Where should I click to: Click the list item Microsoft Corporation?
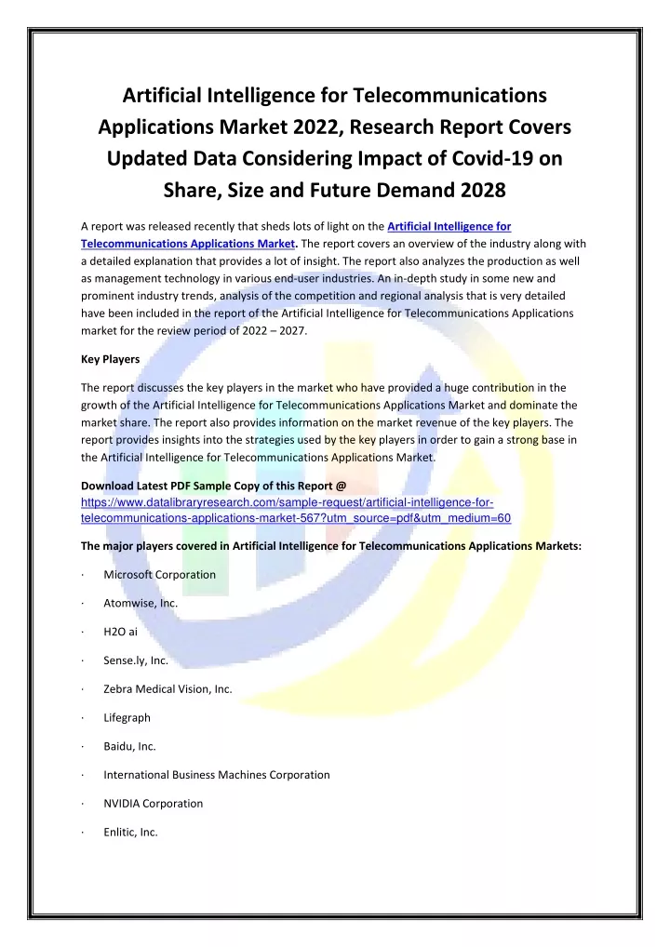159,574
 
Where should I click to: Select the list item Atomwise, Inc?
141,603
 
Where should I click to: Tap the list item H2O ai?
121,632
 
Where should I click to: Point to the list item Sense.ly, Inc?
135,660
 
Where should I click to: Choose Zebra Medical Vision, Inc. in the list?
167,688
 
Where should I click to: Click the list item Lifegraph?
127,717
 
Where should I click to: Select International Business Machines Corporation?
216,774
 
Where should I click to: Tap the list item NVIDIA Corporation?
153,803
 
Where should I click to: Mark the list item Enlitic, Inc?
130,832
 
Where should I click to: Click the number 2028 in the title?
478,191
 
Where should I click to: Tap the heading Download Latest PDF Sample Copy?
213,486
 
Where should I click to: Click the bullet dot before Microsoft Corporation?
84,575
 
